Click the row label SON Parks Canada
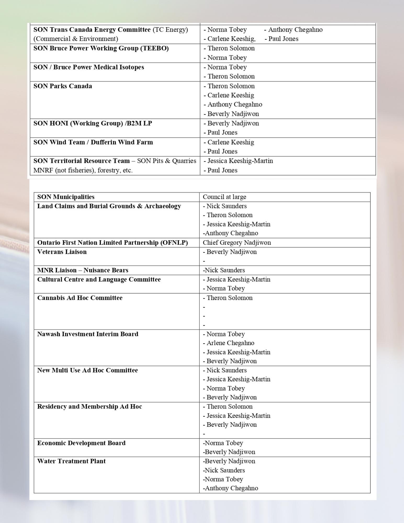63,86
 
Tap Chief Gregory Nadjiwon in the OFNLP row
237,243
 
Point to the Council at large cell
224,197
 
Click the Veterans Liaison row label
62,252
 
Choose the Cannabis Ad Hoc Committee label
80,298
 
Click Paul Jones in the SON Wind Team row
222,151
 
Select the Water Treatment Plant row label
71,461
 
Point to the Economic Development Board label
81,443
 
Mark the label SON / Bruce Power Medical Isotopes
89,67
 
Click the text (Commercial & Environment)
76,39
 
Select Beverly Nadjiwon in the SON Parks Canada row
233,114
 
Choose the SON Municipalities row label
66,197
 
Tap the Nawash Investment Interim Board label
88,334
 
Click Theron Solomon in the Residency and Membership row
230,407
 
